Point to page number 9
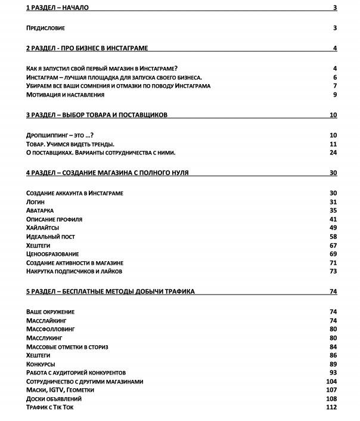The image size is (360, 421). (335, 94)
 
